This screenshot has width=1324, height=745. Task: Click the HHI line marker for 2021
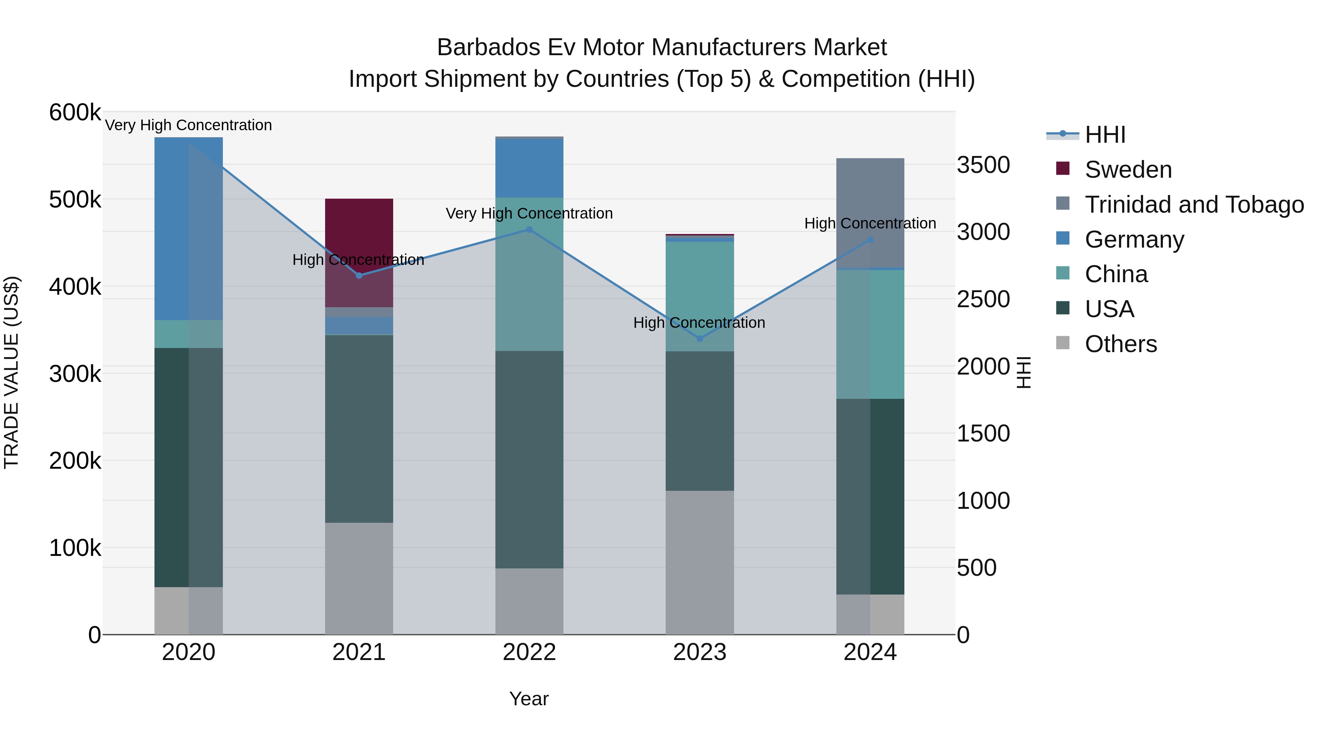[359, 276]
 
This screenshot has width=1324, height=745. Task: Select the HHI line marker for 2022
[529, 229]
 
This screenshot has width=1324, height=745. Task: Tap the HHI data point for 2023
[700, 338]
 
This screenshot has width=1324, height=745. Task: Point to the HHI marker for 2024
[870, 240]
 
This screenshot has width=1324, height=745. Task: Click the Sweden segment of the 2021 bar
[359, 226]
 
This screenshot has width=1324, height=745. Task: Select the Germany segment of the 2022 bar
[529, 168]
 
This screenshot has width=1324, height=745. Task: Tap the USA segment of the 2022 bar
[529, 459]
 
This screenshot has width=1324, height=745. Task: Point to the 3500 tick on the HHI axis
[983, 165]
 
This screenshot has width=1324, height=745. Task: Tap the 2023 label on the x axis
[700, 652]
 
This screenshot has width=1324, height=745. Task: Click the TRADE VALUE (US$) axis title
[11, 372]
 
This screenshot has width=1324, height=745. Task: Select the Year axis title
[529, 699]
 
